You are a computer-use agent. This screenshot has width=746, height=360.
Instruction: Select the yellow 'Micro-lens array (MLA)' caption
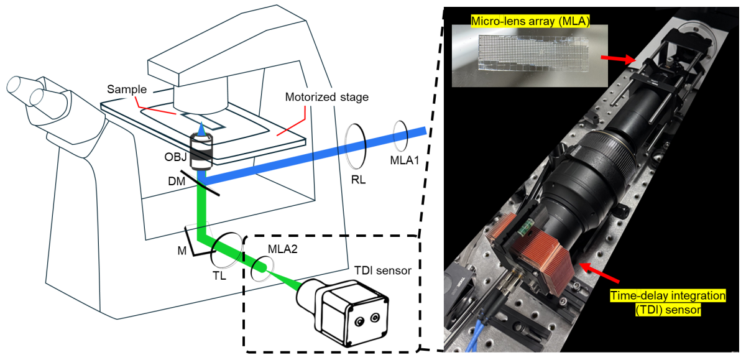click(522, 21)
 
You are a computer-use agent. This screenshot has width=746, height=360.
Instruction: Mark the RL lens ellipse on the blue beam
click(355, 145)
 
